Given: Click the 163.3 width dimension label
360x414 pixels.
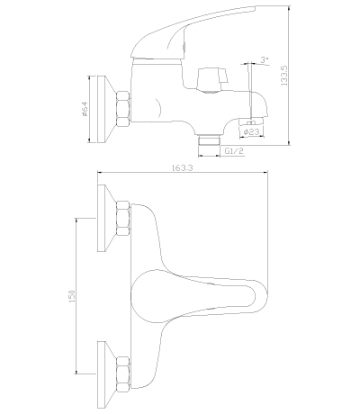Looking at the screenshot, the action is point(183,167).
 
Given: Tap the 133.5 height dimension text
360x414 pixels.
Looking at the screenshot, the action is point(283,76).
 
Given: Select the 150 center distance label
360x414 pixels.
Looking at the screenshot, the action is point(72,296).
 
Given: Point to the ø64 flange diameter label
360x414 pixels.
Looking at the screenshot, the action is point(84,108).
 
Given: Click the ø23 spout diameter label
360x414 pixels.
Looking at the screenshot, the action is point(251,131).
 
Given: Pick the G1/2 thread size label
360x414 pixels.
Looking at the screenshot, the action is point(234,151).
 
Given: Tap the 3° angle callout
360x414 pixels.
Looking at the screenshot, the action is point(264,59).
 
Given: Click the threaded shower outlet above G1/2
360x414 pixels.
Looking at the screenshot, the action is point(210,140).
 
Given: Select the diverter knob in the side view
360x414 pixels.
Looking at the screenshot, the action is point(212,80).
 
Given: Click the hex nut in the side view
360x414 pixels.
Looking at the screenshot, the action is point(123,109).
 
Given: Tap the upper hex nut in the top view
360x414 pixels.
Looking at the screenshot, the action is point(123,218).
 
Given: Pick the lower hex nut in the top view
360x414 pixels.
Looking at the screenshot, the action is point(123,374).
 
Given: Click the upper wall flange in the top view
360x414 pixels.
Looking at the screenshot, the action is point(106,218).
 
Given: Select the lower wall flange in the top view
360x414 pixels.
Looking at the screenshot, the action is point(106,374).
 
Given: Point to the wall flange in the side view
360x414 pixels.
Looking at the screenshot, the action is point(106,109).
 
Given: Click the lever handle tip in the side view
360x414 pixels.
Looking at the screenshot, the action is point(256,7).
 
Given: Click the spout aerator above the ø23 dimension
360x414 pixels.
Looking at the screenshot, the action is point(251,121).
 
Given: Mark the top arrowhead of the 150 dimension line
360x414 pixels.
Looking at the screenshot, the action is point(76,220).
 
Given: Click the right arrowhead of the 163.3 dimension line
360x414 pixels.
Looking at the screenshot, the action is point(265,172).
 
